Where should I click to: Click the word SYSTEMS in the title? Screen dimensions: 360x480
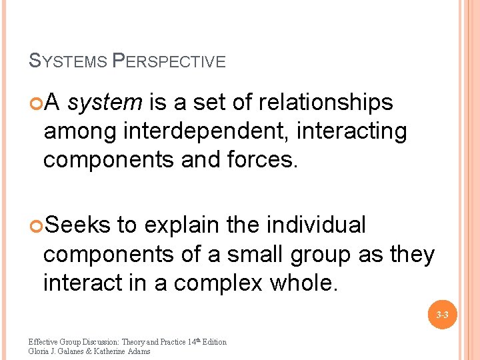pos(67,62)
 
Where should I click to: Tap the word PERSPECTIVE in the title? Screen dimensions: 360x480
pos(169,62)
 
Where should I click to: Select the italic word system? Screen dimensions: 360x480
pos(105,103)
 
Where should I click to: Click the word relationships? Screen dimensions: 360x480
pos(326,103)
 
